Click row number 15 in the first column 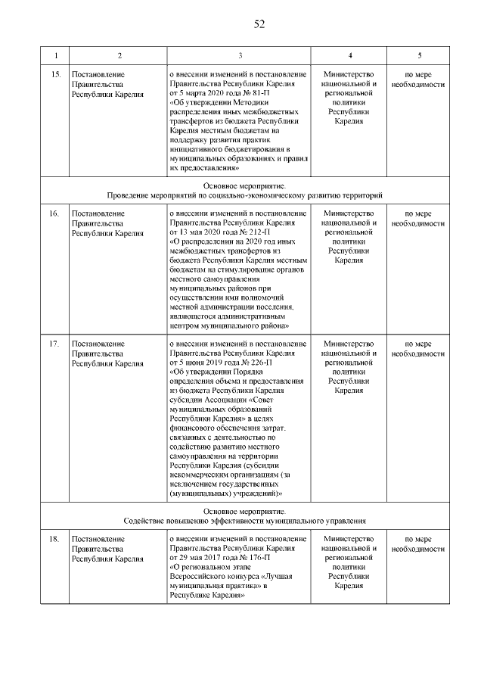(54, 76)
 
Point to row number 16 (54, 214)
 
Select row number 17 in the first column (54, 344)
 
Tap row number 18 (54, 538)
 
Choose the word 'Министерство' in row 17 (349, 344)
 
